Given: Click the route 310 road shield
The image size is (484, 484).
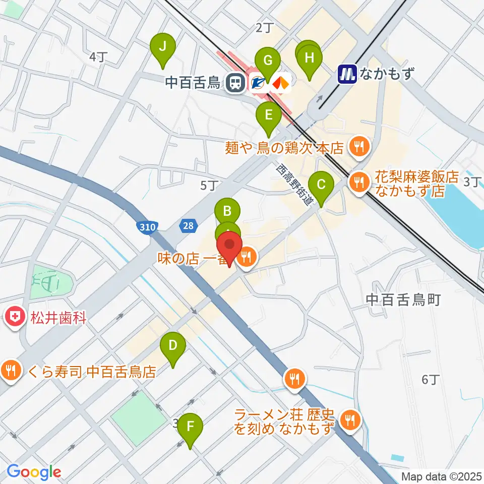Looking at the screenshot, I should (x=148, y=227).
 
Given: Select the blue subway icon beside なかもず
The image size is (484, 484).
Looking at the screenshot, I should (x=347, y=74).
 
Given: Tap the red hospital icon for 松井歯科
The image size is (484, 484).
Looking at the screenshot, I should (x=14, y=318).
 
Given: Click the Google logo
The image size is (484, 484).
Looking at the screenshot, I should (x=33, y=472).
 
